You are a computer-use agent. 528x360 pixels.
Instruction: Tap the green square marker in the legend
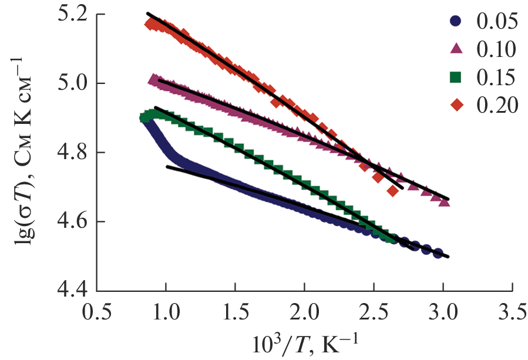coord(456,77)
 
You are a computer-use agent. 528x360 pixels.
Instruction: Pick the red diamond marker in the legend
coord(456,105)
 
